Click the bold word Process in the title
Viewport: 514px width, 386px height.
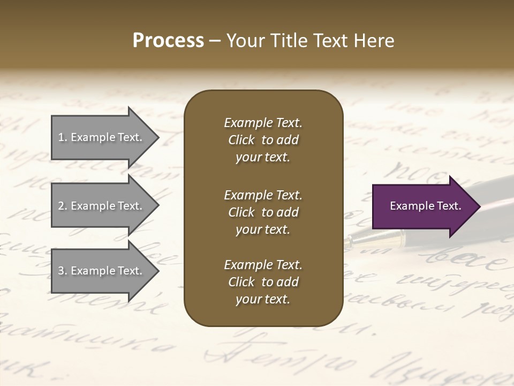pyautogui.click(x=168, y=41)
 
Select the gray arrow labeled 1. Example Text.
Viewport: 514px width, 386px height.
pyautogui.click(x=102, y=137)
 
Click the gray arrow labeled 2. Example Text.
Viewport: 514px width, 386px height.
pyautogui.click(x=102, y=206)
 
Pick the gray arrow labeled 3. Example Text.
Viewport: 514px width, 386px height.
pyautogui.click(x=102, y=271)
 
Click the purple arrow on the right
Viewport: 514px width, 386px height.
pyautogui.click(x=423, y=206)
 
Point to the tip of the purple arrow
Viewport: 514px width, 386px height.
pyautogui.click(x=479, y=206)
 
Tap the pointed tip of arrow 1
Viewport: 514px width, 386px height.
pyautogui.click(x=158, y=137)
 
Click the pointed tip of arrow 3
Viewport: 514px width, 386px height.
pyautogui.click(x=158, y=271)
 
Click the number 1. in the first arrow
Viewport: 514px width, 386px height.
pyautogui.click(x=62, y=137)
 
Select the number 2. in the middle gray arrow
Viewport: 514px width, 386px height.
pyautogui.click(x=62, y=206)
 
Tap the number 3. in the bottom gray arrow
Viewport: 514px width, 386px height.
pyautogui.click(x=62, y=271)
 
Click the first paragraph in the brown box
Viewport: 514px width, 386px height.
pyautogui.click(x=263, y=140)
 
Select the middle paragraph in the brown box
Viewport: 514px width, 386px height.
pyautogui.click(x=263, y=212)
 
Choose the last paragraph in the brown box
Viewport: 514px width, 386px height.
pyautogui.click(x=263, y=282)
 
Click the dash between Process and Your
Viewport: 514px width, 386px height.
pyautogui.click(x=215, y=41)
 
